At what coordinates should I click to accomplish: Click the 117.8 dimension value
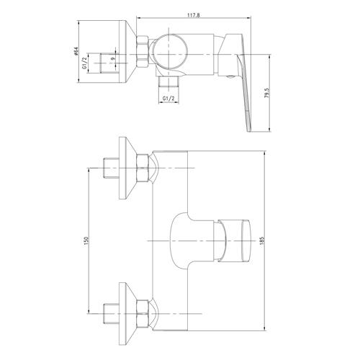coord(194,15)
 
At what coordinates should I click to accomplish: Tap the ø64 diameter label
coord(76,52)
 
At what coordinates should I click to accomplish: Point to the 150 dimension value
coord(86,240)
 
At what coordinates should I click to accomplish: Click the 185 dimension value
coord(261,240)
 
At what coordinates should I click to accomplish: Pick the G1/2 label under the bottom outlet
coord(168,98)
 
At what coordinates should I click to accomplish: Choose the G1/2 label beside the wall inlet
coord(84,63)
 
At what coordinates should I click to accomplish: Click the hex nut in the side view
coord(143,52)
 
